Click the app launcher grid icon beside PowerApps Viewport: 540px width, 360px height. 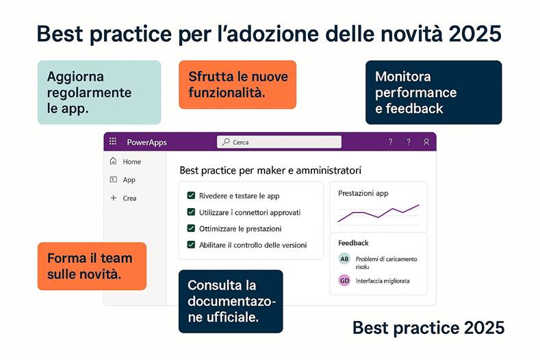[x=114, y=142]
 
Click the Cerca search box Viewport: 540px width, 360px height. [x=279, y=142]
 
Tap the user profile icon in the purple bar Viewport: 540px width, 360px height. [x=426, y=142]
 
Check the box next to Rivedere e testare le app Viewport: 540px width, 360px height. [x=192, y=196]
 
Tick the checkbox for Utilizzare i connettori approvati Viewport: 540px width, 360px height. [x=192, y=212]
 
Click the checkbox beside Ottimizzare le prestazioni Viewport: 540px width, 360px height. [x=192, y=229]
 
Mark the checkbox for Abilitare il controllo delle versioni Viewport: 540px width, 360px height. [x=192, y=244]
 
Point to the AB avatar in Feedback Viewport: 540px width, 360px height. [x=344, y=259]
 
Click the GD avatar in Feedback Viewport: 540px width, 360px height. [x=344, y=281]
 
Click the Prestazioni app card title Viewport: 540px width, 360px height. [x=363, y=194]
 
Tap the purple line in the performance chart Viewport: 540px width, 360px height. [x=378, y=214]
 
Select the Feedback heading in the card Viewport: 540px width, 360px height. [x=353, y=243]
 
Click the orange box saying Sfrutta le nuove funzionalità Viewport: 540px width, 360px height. [x=237, y=84]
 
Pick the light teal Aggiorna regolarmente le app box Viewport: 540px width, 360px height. [x=99, y=92]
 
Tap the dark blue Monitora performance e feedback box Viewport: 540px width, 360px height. [x=433, y=92]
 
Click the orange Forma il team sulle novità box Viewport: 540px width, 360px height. [x=92, y=266]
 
